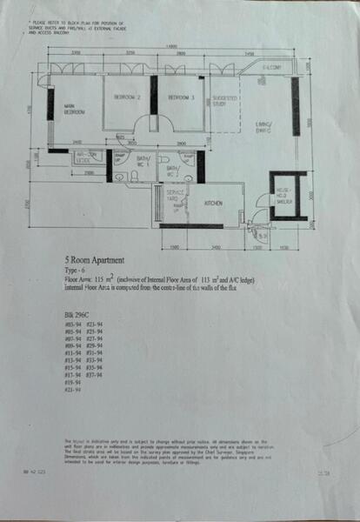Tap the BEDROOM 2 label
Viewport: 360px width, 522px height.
(127, 97)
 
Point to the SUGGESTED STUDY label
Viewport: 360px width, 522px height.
(225, 102)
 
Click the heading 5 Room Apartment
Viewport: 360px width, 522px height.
(101, 260)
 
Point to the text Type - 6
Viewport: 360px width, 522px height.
(79, 270)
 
